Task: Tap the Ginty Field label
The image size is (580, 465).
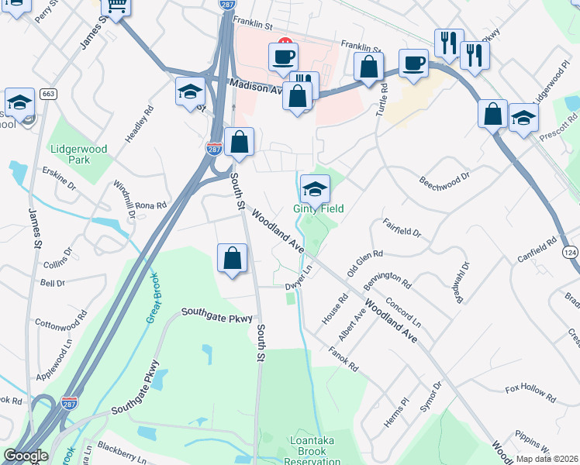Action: click(x=318, y=209)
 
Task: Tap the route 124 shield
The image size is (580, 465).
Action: click(x=570, y=253)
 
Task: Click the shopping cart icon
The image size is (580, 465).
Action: click(x=116, y=7)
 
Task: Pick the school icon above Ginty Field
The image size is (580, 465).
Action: click(x=315, y=189)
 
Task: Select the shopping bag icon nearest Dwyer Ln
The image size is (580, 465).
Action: click(x=233, y=259)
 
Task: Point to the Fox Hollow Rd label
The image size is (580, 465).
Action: click(x=530, y=393)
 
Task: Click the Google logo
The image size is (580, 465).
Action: click(x=26, y=456)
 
